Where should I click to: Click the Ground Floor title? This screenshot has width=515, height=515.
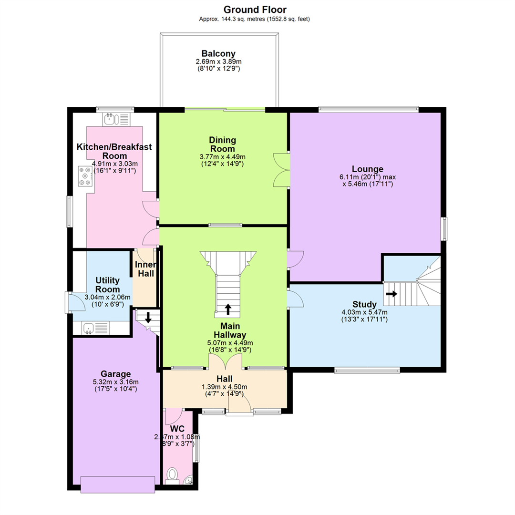pyautogui.click(x=255, y=10)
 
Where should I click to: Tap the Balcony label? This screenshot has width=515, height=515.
pyautogui.click(x=218, y=53)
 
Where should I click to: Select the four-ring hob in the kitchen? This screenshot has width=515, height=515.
pyautogui.click(x=85, y=176)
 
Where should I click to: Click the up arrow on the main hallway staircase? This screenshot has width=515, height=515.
pyautogui.click(x=227, y=309)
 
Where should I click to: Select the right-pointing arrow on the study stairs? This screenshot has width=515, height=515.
pyautogui.click(x=391, y=294)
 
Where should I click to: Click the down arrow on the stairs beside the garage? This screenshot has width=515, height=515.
pyautogui.click(x=148, y=317)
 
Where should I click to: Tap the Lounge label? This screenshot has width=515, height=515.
pyautogui.click(x=368, y=169)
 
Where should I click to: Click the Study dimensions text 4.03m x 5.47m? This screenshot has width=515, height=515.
pyautogui.click(x=364, y=312)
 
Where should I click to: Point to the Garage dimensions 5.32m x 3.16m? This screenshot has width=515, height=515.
pyautogui.click(x=115, y=382)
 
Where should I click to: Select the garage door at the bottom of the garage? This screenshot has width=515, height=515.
pyautogui.click(x=118, y=484)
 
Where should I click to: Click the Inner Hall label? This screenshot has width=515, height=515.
pyautogui.click(x=146, y=269)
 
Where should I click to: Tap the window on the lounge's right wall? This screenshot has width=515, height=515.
pyautogui.click(x=444, y=228)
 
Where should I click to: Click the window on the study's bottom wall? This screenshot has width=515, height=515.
pyautogui.click(x=367, y=371)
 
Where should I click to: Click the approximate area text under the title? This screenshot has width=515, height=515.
pyautogui.click(x=254, y=19)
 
